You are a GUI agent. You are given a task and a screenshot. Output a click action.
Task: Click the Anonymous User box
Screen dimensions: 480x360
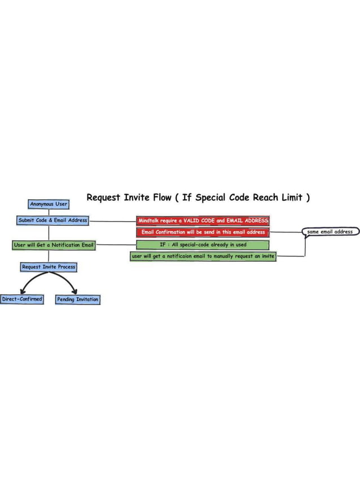[x=49, y=204]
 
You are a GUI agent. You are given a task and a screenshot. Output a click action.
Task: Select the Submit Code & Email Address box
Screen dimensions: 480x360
[x=53, y=221]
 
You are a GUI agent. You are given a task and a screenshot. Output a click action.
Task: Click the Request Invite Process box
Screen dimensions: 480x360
[x=49, y=267]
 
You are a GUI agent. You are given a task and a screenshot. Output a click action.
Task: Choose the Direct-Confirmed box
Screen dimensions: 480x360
[x=22, y=300]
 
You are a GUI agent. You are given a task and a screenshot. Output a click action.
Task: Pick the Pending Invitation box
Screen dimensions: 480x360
[x=77, y=300]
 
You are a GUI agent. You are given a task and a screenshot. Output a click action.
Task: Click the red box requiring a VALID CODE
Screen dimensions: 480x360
[x=203, y=221]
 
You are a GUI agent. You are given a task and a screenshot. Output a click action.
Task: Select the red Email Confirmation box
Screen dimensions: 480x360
[x=203, y=232]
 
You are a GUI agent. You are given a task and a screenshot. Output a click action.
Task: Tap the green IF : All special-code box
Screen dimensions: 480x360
[x=203, y=245]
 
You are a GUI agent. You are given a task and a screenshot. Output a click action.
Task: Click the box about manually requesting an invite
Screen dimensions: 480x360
[x=203, y=256]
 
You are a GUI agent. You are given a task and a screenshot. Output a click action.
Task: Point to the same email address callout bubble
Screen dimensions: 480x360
[x=330, y=231]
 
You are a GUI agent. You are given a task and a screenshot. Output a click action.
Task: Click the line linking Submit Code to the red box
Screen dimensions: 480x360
[x=113, y=221]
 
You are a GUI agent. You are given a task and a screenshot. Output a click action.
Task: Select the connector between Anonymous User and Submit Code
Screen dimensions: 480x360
[x=49, y=213]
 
